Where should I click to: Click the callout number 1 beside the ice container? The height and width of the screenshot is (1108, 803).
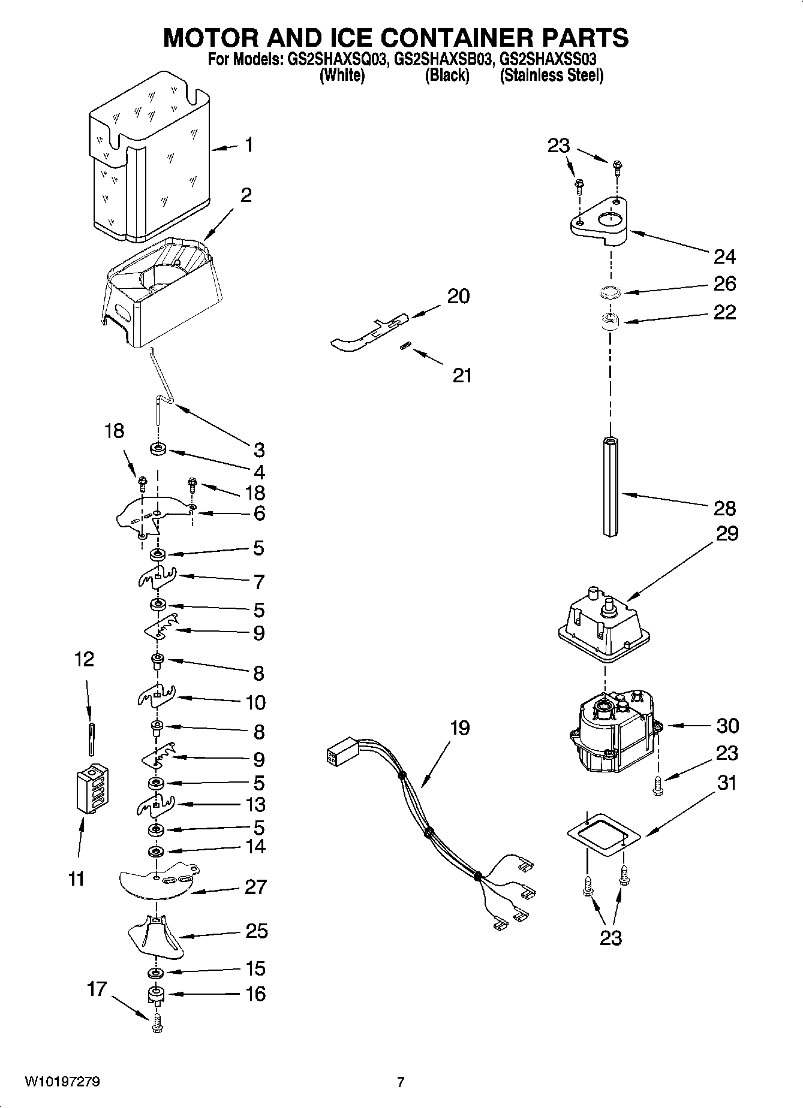pos(248,146)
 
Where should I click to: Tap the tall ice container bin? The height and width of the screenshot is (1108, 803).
pos(150,159)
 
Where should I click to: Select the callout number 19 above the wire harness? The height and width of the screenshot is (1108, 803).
pos(460,728)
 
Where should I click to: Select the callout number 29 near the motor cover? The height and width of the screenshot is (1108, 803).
pos(726,534)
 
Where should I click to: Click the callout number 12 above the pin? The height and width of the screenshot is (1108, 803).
pos(84,660)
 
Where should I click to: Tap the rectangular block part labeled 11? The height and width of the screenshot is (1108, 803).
pos(91,790)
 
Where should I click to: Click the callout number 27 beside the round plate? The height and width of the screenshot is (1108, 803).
pos(255,887)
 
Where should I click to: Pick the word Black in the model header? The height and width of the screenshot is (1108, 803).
pos(447,76)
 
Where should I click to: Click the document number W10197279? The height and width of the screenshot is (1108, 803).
pos(62,1082)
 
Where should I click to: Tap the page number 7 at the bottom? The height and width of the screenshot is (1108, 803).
pos(401,1082)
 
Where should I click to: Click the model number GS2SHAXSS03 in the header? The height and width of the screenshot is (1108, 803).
pos(548,60)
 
